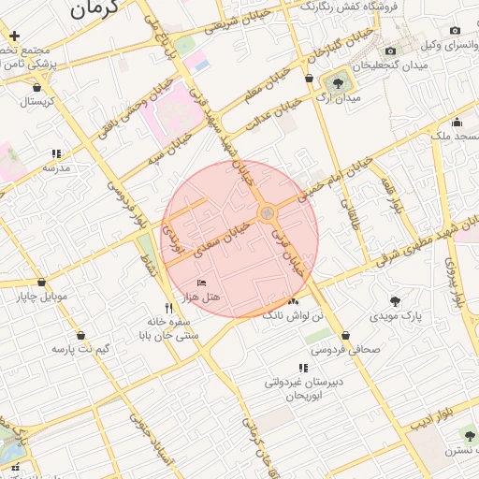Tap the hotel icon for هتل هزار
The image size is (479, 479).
pos(201,283)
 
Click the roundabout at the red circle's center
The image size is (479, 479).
pos(269,213)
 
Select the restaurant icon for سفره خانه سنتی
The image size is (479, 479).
pos(168,308)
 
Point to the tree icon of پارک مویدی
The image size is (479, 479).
pos(395,301)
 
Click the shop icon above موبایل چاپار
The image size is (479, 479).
pos(41,282)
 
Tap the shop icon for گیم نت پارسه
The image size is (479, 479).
pos(80,334)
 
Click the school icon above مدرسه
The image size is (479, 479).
pos(56,153)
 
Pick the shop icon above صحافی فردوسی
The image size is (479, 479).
pos(346,334)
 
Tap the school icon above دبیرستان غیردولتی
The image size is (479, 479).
pos(302,368)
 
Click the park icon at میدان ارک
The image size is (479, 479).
pos(337,83)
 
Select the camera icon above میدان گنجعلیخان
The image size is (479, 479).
pos(391,51)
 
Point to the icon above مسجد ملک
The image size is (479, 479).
pos(456,122)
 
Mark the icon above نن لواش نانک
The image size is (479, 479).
pos(294,301)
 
